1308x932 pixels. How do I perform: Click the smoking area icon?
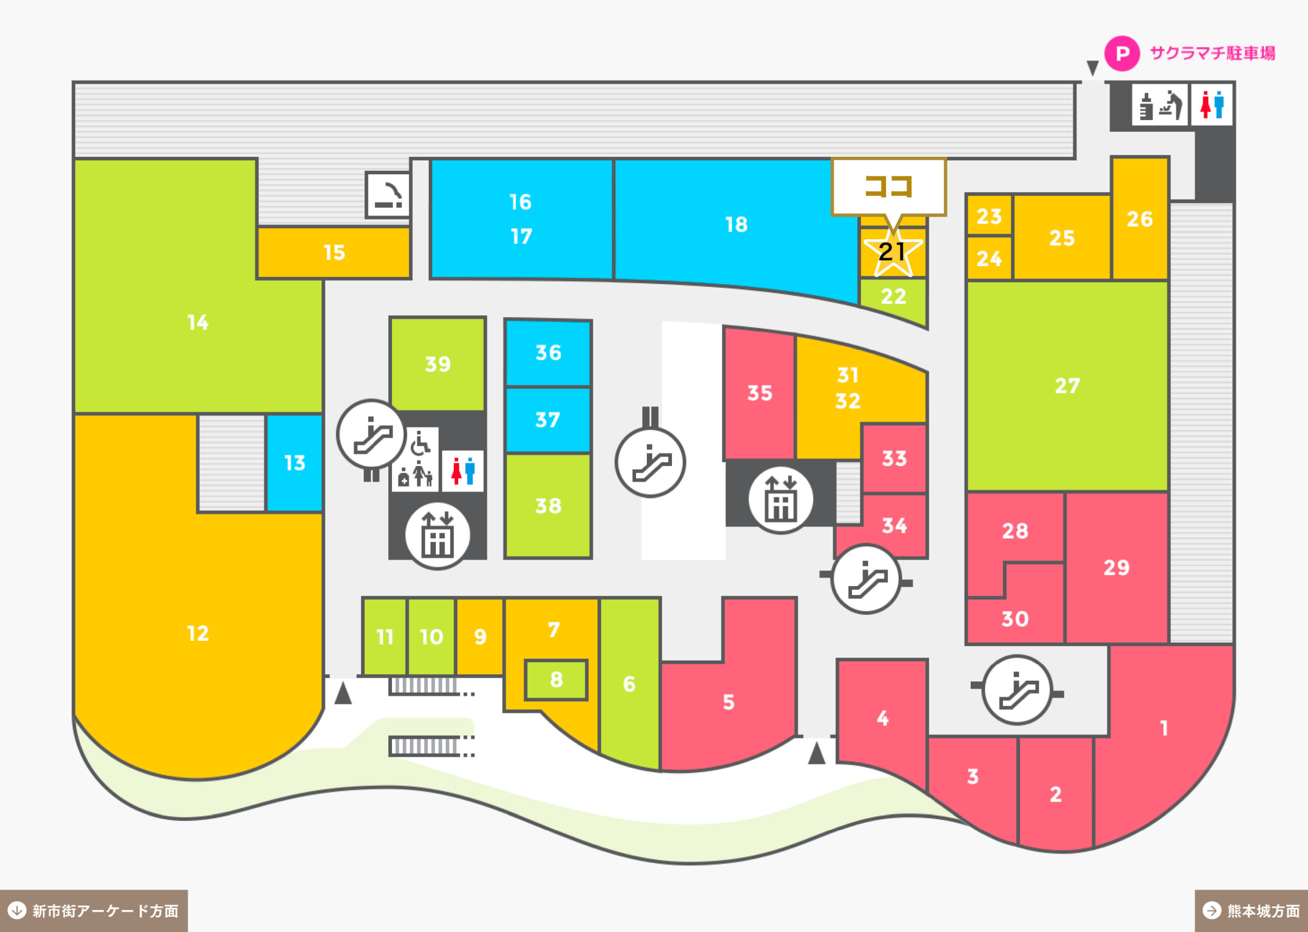388,195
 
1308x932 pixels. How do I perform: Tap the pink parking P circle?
1122,53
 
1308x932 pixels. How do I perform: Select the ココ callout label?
889,187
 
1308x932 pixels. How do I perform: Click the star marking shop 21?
893,251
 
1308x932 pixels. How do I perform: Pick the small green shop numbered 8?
556,680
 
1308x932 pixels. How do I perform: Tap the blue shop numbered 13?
294,462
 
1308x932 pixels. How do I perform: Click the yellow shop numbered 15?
334,252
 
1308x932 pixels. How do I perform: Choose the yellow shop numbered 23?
989,216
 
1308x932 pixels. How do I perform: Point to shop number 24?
989,258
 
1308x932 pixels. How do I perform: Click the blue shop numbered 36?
548,353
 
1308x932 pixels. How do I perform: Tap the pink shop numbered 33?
894,458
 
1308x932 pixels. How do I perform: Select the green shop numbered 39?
438,364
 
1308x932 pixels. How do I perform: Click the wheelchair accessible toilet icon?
421,442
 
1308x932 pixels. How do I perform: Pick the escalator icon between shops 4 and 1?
1017,690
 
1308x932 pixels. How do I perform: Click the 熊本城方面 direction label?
1251,911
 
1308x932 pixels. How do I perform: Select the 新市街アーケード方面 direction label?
94,911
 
